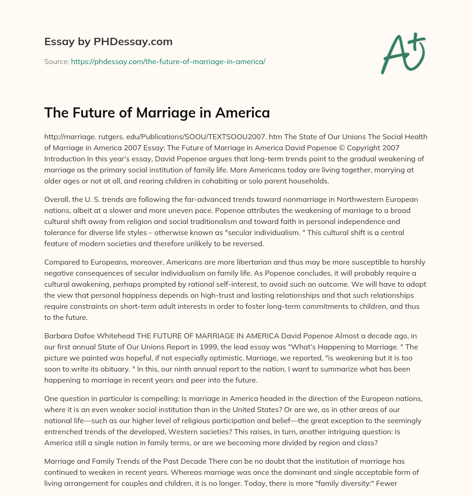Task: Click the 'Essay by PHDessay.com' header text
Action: coord(108,42)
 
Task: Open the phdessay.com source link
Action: coord(168,61)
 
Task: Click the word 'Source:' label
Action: coord(56,61)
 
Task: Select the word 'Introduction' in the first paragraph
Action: coord(65,159)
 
